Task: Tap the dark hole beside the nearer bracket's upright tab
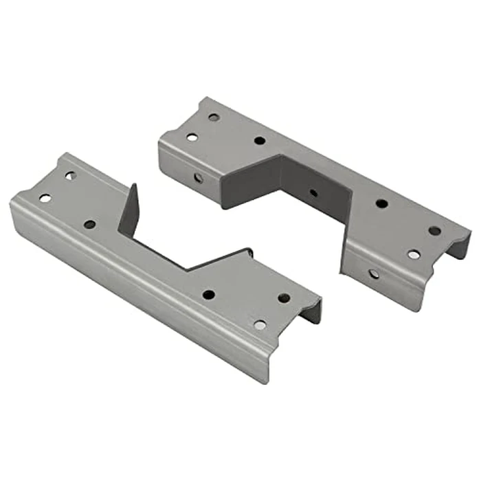pos(90,225)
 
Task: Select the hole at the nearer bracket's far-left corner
pos(70,176)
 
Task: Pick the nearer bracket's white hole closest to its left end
pos(45,198)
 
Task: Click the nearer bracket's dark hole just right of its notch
pos(208,294)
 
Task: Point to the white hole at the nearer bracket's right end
pos(260,325)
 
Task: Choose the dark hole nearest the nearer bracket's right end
pos(284,298)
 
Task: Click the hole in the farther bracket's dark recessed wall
pos(313,192)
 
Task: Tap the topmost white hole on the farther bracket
pos(214,118)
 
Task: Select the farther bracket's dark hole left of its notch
pos(259,140)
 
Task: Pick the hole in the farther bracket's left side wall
pos(198,177)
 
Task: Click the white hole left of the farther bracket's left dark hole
pos(192,137)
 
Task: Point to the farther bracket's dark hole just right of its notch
pos(381,203)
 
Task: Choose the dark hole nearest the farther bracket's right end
pos(434,231)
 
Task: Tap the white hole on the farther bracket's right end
pos(414,255)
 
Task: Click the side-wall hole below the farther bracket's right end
pos(373,273)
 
